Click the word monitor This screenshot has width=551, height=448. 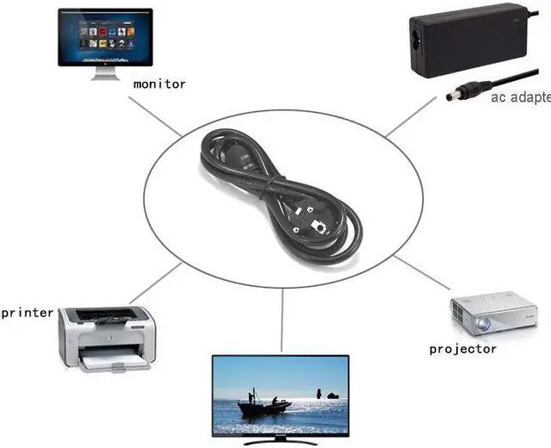click(159, 84)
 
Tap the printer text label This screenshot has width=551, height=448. click(28, 312)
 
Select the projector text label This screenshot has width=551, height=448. click(463, 349)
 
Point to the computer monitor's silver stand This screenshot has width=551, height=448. click(104, 74)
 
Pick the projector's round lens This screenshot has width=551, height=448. click(483, 324)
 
